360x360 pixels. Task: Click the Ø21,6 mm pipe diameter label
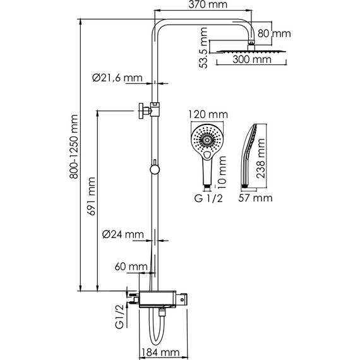point(117,78)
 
